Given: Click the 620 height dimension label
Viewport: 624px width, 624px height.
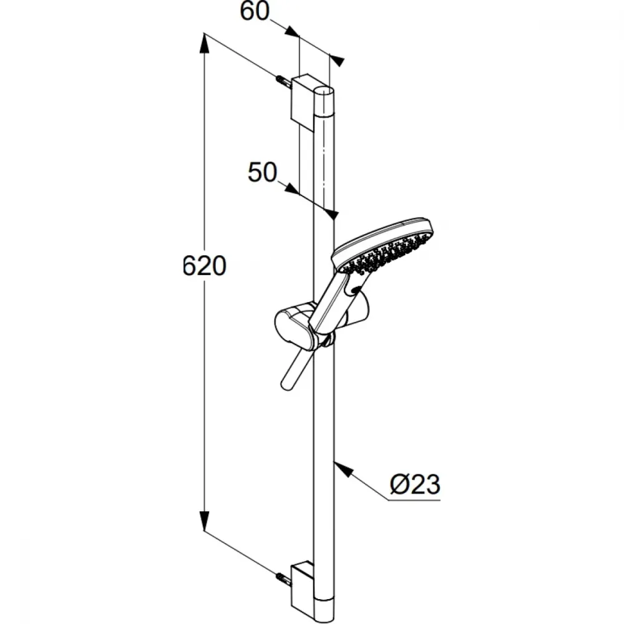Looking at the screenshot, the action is click(x=204, y=266).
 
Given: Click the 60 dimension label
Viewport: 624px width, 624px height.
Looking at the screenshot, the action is click(x=255, y=11).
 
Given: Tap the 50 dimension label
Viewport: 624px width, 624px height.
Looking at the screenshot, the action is click(x=262, y=172).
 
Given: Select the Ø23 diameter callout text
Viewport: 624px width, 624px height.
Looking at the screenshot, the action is click(x=415, y=484).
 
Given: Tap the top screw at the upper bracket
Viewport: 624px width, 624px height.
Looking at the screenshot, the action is click(x=283, y=82).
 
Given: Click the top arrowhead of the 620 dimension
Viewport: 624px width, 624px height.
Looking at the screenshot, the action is click(x=204, y=44).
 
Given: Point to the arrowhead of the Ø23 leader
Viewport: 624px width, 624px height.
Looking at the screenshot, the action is click(x=343, y=469).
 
